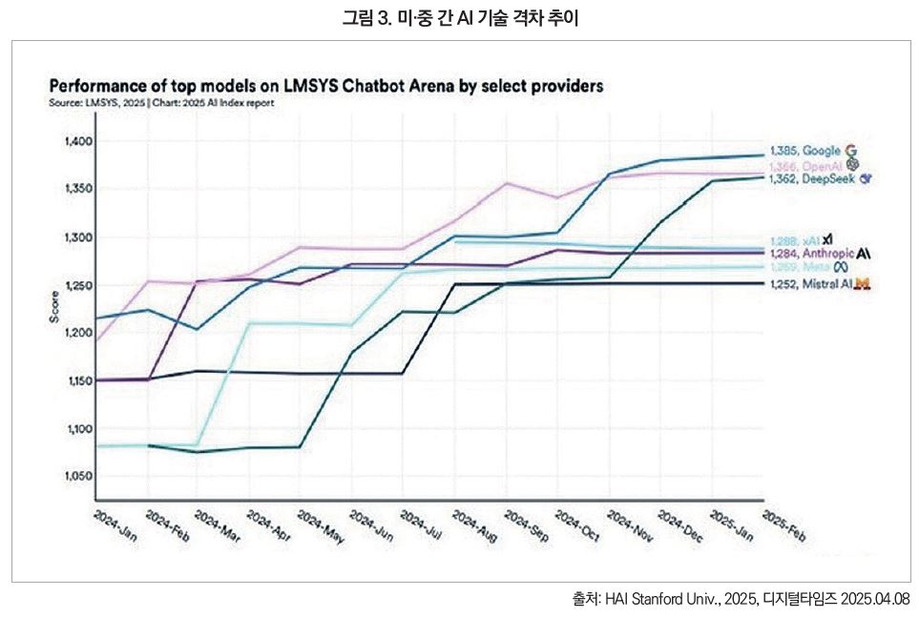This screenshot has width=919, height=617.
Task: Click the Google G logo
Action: (851, 151)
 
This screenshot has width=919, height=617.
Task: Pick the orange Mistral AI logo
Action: (861, 283)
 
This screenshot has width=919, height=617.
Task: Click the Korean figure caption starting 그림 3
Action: (460, 18)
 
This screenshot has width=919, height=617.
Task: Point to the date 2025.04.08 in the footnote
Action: (874, 599)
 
